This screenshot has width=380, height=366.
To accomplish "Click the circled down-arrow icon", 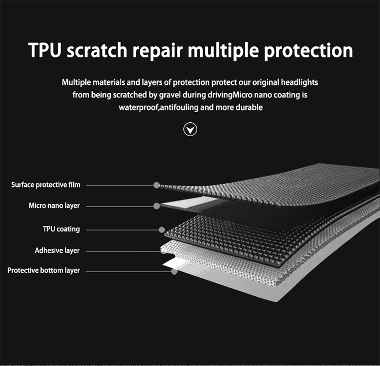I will [x=190, y=130].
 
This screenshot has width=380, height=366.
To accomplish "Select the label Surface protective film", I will [x=46, y=185].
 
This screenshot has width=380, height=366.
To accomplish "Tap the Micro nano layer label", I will [x=54, y=206].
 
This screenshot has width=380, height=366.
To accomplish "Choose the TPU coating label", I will [x=61, y=229].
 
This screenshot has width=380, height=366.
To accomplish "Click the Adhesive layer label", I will [x=57, y=250].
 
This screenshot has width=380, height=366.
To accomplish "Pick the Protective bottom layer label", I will [x=44, y=271].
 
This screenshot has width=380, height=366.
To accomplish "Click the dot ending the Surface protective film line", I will [x=157, y=185].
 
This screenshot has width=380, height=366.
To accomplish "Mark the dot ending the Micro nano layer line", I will [x=157, y=206].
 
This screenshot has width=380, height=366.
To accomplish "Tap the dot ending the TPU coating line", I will [x=162, y=229].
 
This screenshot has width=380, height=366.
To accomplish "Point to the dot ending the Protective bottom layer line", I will [x=174, y=272].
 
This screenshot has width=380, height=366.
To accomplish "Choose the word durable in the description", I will [x=249, y=108].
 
